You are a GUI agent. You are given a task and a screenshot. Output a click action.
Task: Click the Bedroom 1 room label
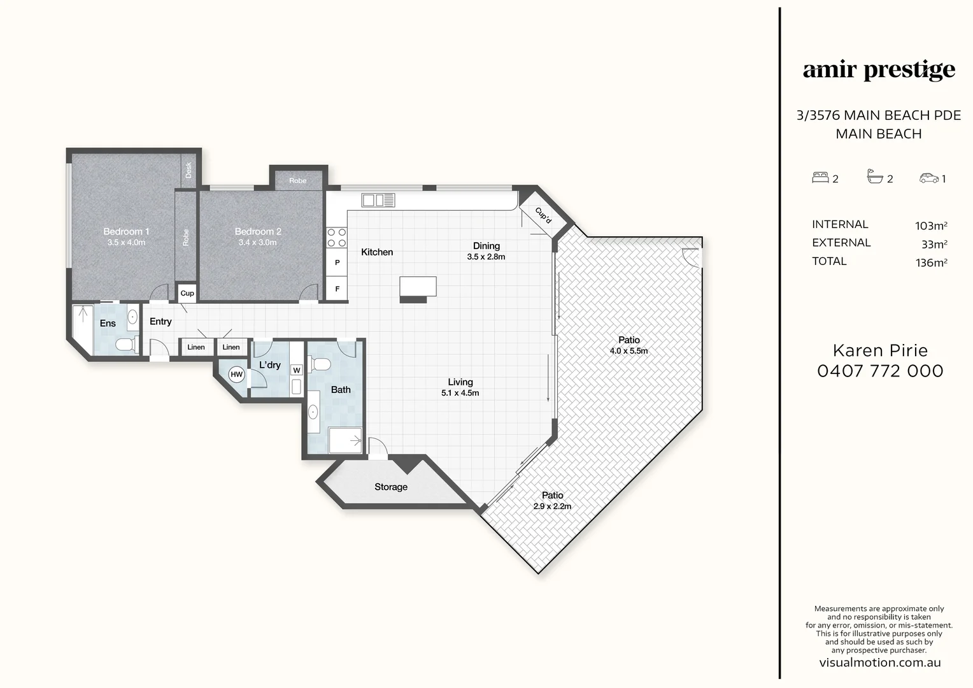point(126,231)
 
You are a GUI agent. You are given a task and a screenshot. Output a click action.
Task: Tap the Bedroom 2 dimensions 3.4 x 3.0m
point(257,243)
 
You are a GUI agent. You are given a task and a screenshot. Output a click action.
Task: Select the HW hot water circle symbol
point(236,375)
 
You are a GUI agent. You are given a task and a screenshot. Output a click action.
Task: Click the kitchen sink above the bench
point(378,201)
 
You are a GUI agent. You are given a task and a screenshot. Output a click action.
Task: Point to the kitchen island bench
point(418,287)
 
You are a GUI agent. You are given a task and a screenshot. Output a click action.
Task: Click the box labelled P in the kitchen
point(337,262)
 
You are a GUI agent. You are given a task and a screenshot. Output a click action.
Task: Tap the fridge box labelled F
point(337,289)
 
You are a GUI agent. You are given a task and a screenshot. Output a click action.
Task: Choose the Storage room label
point(390,487)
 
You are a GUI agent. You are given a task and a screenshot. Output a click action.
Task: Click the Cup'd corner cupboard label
point(543,215)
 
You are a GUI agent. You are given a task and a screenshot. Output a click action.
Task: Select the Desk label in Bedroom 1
point(188,170)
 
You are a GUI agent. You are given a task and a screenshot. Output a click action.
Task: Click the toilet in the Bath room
point(320,364)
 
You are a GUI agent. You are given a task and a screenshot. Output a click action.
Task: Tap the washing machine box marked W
point(296,370)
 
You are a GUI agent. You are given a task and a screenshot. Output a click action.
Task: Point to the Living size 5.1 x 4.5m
point(460,393)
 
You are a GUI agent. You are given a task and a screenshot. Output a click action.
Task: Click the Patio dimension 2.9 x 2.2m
point(552,506)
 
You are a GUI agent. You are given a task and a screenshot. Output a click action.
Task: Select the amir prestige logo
point(879,70)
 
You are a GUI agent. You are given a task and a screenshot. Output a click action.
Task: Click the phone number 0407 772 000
point(880,371)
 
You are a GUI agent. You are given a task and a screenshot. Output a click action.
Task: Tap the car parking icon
point(928,178)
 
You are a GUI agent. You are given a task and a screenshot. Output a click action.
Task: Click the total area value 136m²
point(931,262)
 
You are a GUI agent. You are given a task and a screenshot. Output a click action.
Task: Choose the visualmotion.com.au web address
point(879,663)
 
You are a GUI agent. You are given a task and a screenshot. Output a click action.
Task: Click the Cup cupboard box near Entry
point(187,293)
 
